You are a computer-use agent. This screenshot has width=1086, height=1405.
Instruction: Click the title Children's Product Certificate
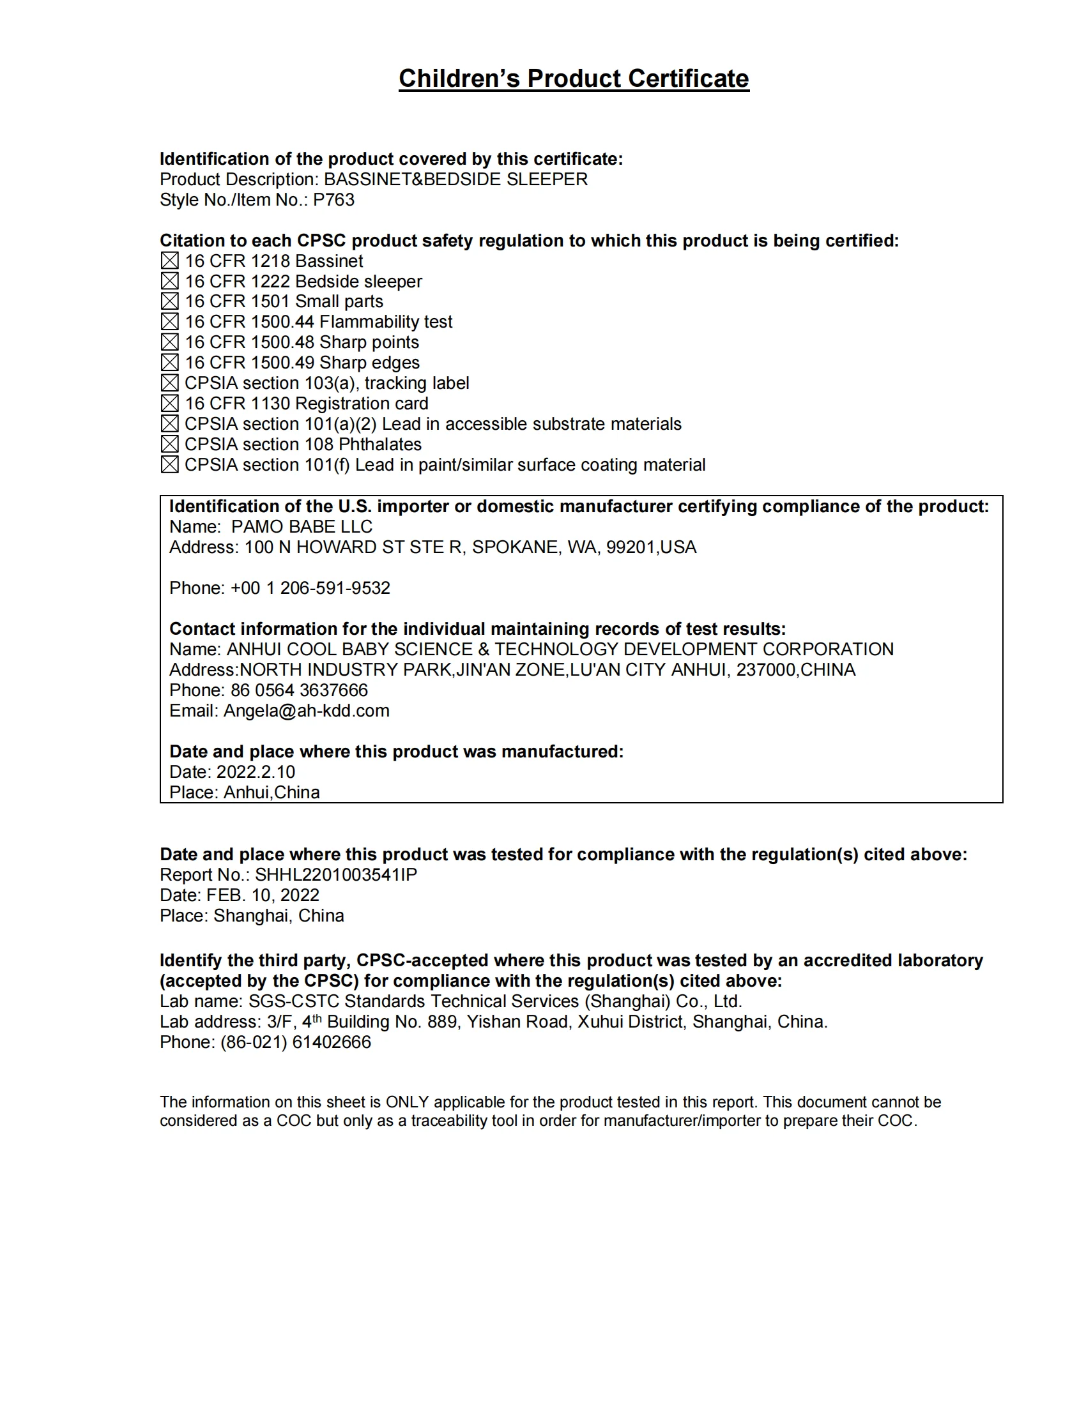tap(573, 79)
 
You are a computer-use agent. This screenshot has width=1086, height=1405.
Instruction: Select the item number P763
tap(333, 200)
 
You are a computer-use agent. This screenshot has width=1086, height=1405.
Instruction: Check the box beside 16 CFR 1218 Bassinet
tap(170, 261)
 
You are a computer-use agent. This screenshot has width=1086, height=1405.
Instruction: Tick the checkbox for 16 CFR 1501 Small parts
tap(170, 301)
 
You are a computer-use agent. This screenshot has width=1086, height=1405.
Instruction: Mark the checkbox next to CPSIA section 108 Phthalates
tap(170, 444)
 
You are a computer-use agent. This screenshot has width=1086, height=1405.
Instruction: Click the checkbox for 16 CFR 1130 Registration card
tap(170, 404)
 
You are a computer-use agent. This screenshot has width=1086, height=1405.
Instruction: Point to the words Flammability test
tap(385, 322)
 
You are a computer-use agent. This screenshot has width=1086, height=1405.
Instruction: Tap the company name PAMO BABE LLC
tap(302, 527)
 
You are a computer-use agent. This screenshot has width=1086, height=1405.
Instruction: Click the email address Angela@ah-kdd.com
tap(306, 711)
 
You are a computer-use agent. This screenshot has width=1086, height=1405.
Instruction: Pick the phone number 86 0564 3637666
tap(299, 690)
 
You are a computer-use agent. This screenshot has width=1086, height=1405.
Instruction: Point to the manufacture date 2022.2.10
tap(256, 772)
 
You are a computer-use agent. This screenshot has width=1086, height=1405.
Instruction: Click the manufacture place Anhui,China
tap(271, 793)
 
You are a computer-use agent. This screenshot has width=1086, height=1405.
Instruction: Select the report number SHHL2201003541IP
tap(336, 875)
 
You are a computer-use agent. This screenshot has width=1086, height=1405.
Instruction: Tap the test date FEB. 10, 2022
tap(263, 895)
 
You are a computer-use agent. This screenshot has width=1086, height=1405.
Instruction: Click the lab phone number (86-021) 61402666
tap(296, 1042)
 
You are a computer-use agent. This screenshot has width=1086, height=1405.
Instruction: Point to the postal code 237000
tap(765, 670)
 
